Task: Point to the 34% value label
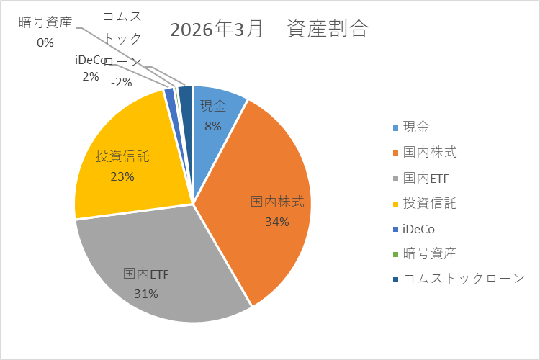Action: (x=276, y=222)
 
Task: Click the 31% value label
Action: (x=145, y=293)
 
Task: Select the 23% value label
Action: (x=122, y=176)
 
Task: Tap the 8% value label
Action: (x=212, y=126)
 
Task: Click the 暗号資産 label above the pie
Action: (x=45, y=22)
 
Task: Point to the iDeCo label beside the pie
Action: (x=91, y=60)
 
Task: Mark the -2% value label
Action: (x=121, y=82)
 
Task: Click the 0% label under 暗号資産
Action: (x=45, y=42)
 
